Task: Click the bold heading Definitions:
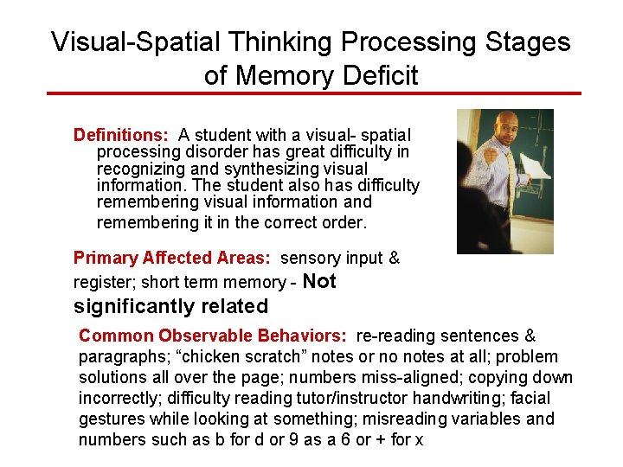click(122, 135)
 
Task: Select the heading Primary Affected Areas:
click(172, 258)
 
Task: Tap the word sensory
click(311, 258)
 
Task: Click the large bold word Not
click(320, 281)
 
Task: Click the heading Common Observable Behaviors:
click(213, 336)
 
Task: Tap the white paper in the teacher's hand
click(534, 164)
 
